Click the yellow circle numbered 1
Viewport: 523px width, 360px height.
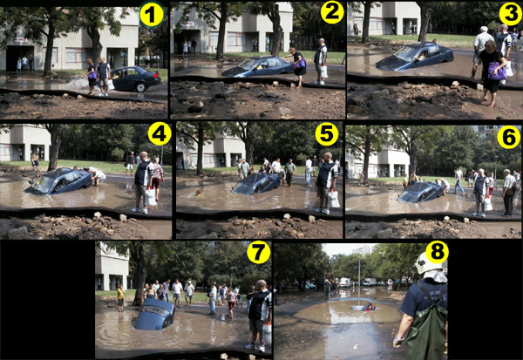click(x=152, y=16)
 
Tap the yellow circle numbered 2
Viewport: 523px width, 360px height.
click(x=332, y=13)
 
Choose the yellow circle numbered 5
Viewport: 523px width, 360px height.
click(x=327, y=134)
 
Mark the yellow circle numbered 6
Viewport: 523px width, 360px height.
click(x=509, y=137)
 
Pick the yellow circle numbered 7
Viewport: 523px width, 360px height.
click(x=259, y=252)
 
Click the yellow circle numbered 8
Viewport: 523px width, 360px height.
click(x=438, y=252)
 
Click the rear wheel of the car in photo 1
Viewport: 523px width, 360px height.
click(x=140, y=87)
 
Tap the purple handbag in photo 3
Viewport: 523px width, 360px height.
click(x=497, y=71)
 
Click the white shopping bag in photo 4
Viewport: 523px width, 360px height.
click(x=150, y=197)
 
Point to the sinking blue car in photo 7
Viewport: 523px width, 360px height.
click(x=155, y=314)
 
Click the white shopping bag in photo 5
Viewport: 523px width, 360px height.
click(x=333, y=200)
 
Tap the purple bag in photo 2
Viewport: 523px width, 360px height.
click(x=300, y=63)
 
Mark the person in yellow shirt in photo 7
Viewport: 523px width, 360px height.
click(x=121, y=297)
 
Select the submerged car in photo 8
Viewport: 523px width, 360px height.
click(x=363, y=307)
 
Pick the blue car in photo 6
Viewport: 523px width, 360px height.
click(x=420, y=192)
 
